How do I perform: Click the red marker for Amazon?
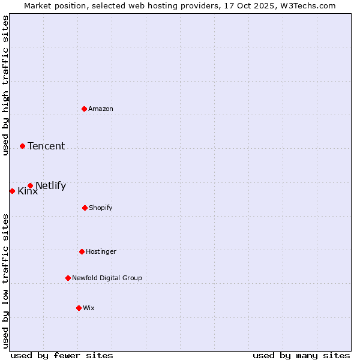(x=84, y=109)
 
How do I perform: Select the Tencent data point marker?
(x=22, y=146)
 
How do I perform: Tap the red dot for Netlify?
(x=30, y=185)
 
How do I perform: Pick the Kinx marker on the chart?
(x=12, y=191)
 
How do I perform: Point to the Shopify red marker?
(x=85, y=208)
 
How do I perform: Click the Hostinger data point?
(x=82, y=251)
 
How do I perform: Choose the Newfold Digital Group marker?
(x=68, y=278)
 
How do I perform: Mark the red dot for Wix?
(x=79, y=308)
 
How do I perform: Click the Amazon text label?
(x=101, y=109)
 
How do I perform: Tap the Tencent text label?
(x=46, y=146)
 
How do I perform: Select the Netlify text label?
(x=50, y=185)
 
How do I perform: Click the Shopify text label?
(x=101, y=208)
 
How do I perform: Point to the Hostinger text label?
(x=101, y=251)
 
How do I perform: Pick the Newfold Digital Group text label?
(x=107, y=278)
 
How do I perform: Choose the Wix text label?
(x=89, y=308)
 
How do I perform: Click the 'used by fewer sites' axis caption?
(x=62, y=355)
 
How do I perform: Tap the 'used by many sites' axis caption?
(x=301, y=355)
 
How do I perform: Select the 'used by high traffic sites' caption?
(x=5, y=85)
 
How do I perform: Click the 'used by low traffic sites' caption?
(x=5, y=281)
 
